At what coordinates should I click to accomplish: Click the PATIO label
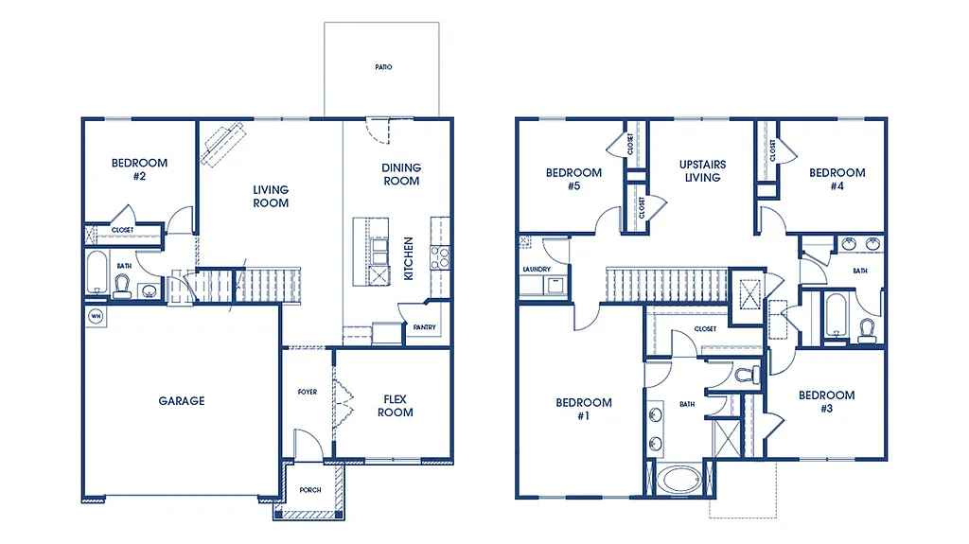click(x=382, y=68)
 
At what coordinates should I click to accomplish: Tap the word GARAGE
click(x=181, y=401)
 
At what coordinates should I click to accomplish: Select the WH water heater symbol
click(x=96, y=316)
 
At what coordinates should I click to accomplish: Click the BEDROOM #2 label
click(x=139, y=169)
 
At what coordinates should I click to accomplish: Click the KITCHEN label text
click(x=409, y=258)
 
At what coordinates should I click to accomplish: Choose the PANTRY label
click(x=421, y=327)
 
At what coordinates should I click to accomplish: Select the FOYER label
click(x=308, y=392)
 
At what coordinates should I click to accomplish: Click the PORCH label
click(x=310, y=490)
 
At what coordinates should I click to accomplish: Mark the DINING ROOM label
click(x=401, y=174)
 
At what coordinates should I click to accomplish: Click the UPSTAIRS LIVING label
click(x=702, y=171)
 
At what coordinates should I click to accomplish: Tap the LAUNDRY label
click(x=536, y=270)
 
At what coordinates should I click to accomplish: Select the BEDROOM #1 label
click(x=583, y=409)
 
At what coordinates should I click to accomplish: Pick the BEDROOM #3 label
click(x=826, y=401)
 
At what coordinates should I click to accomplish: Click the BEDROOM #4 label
click(x=837, y=179)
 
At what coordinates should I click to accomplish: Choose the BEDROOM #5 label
click(x=573, y=179)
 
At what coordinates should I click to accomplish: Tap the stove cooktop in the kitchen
click(x=440, y=256)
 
